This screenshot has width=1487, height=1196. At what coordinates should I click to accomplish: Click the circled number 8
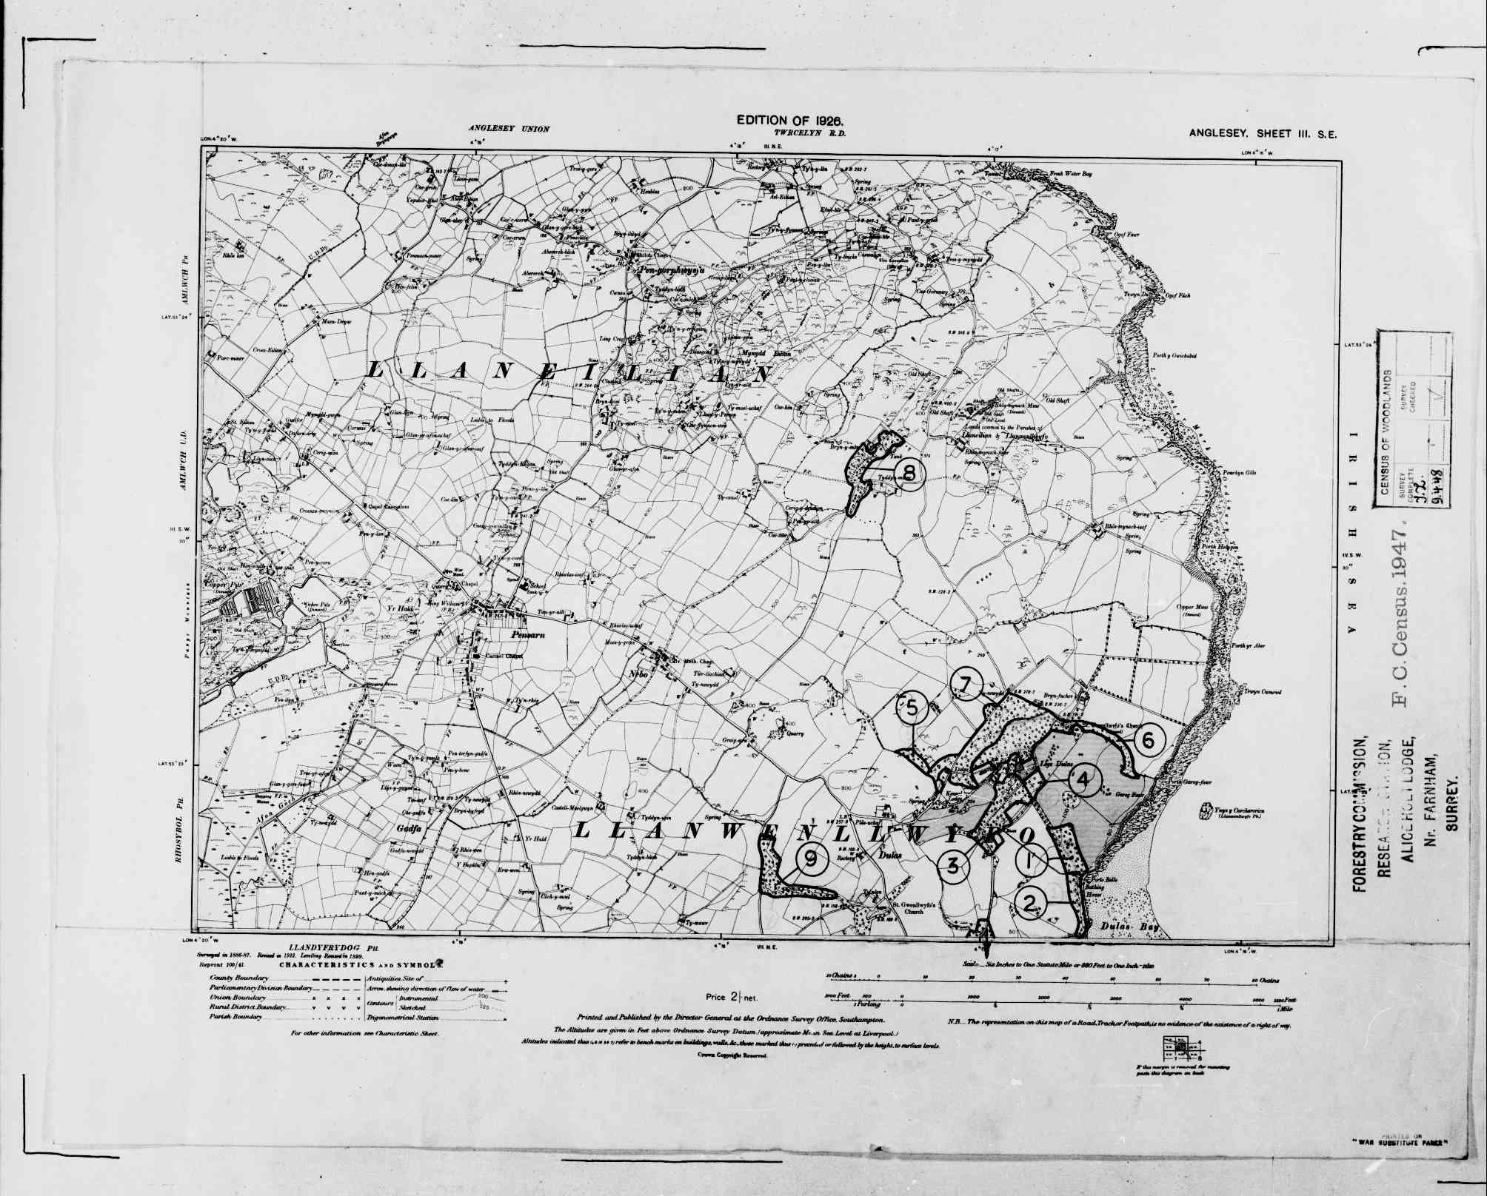coord(909,471)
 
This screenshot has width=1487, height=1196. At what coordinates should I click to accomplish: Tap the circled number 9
coord(811,859)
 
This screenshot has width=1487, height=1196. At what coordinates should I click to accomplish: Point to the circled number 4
coord(1083,779)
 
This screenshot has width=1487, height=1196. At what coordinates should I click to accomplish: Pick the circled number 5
coord(912,708)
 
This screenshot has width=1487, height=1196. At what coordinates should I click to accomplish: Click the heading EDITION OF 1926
coord(790,120)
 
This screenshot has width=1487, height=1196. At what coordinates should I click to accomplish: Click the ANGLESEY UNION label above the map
coord(508,129)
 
